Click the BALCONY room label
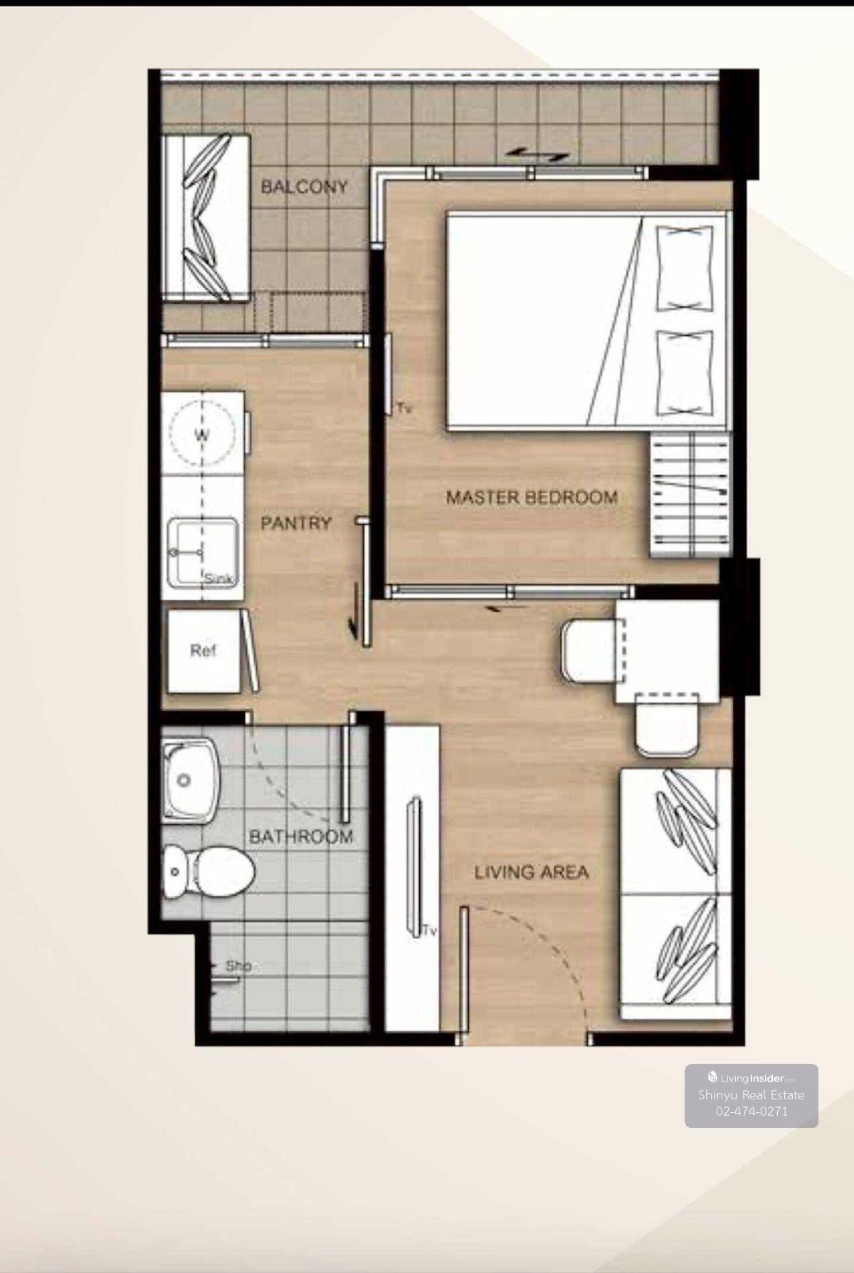(x=304, y=187)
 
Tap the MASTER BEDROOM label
(x=532, y=497)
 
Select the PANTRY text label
(x=296, y=523)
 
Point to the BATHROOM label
(x=301, y=837)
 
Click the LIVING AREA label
(x=532, y=872)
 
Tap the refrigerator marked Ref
(x=204, y=650)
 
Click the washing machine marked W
(x=203, y=434)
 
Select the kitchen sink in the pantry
(x=203, y=552)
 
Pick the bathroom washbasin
(x=189, y=781)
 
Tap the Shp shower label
(x=238, y=966)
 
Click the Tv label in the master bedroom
(x=405, y=408)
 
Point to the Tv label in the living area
(x=428, y=930)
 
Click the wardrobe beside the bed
(x=690, y=496)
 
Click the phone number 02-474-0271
(x=752, y=1111)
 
